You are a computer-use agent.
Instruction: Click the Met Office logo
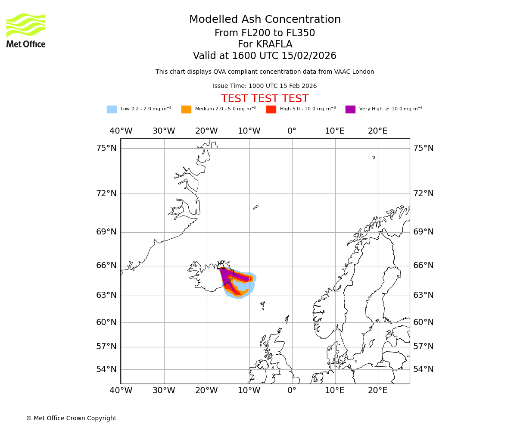[x=26, y=30]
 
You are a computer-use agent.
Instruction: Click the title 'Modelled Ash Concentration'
[x=265, y=19]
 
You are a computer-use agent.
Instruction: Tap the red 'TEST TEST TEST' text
[x=265, y=99]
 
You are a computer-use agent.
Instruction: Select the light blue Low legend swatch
[x=112, y=109]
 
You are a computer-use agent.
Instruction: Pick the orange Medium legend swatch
[x=186, y=109]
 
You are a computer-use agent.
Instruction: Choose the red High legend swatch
[x=271, y=109]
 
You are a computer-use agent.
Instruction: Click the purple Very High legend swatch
[x=350, y=109]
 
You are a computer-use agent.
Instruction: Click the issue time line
[x=265, y=86]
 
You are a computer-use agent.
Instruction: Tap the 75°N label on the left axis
[x=106, y=148]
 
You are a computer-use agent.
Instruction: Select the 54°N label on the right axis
[x=423, y=369]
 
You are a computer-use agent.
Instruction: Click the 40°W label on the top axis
[x=121, y=131]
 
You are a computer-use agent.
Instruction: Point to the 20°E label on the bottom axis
[x=377, y=390]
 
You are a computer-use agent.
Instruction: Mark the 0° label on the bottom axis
[x=292, y=390]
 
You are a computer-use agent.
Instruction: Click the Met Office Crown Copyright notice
[x=71, y=418]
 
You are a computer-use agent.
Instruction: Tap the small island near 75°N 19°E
[x=374, y=157]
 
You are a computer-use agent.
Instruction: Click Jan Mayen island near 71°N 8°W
[x=255, y=207]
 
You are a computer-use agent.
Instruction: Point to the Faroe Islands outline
[x=262, y=305]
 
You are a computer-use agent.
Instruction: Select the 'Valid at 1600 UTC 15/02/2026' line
[x=265, y=56]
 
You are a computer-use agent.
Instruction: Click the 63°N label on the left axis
[x=106, y=295]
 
